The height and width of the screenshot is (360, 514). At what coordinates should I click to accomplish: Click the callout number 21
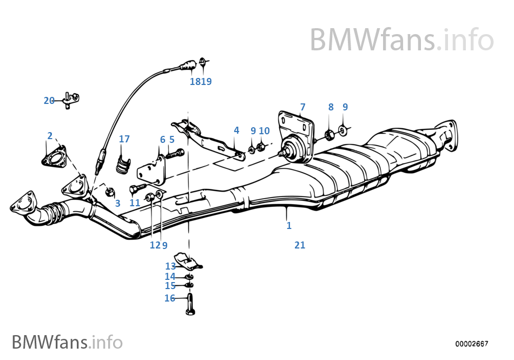tap(300, 245)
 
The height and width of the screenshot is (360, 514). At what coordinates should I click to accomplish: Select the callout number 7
tap(302, 107)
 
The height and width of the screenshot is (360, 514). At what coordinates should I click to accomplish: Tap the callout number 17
tap(124, 139)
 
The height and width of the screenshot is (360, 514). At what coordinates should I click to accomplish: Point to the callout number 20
tap(49, 100)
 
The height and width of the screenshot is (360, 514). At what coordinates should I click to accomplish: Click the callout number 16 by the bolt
tap(169, 298)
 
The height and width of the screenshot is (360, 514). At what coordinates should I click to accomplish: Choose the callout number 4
tap(236, 130)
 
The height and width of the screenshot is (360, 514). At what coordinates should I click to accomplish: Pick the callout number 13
tap(170, 266)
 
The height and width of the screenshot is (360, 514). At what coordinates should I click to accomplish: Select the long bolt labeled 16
tap(189, 305)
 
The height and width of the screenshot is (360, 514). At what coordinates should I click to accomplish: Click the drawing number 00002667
tap(471, 344)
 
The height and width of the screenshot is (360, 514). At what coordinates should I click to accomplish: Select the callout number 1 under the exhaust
tap(289, 226)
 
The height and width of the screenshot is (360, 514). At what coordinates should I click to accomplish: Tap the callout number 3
tap(117, 204)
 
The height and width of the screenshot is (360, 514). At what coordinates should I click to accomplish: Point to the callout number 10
tap(264, 130)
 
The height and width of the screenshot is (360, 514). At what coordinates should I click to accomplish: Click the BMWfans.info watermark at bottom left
tap(67, 342)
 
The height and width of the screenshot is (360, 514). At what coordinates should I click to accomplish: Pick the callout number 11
tap(135, 203)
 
